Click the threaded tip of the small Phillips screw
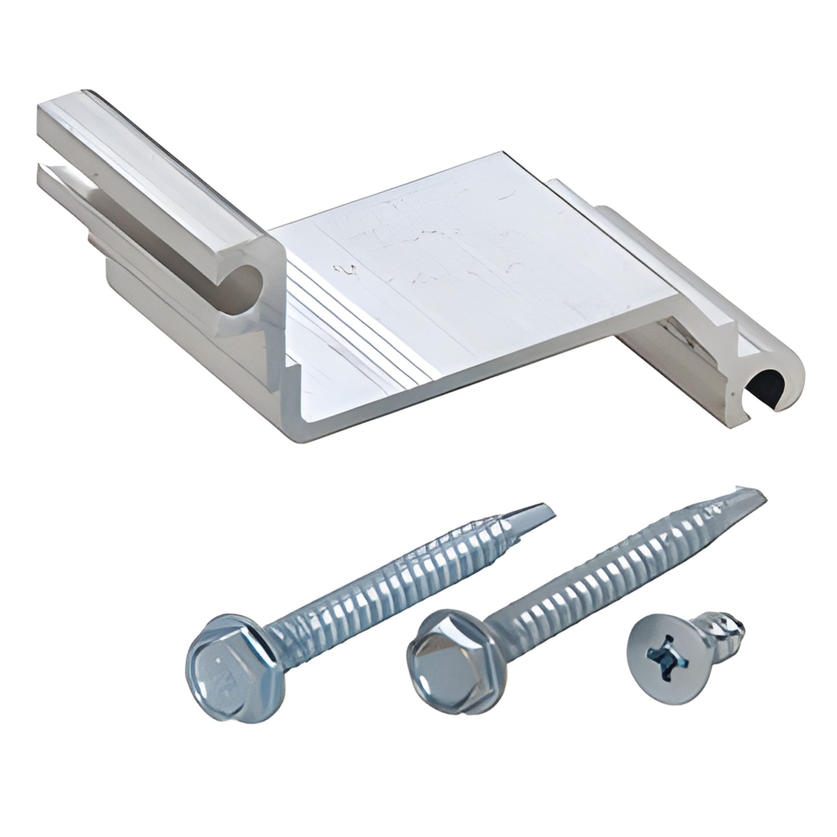point(736,626)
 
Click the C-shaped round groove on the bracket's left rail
point(243,279)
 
